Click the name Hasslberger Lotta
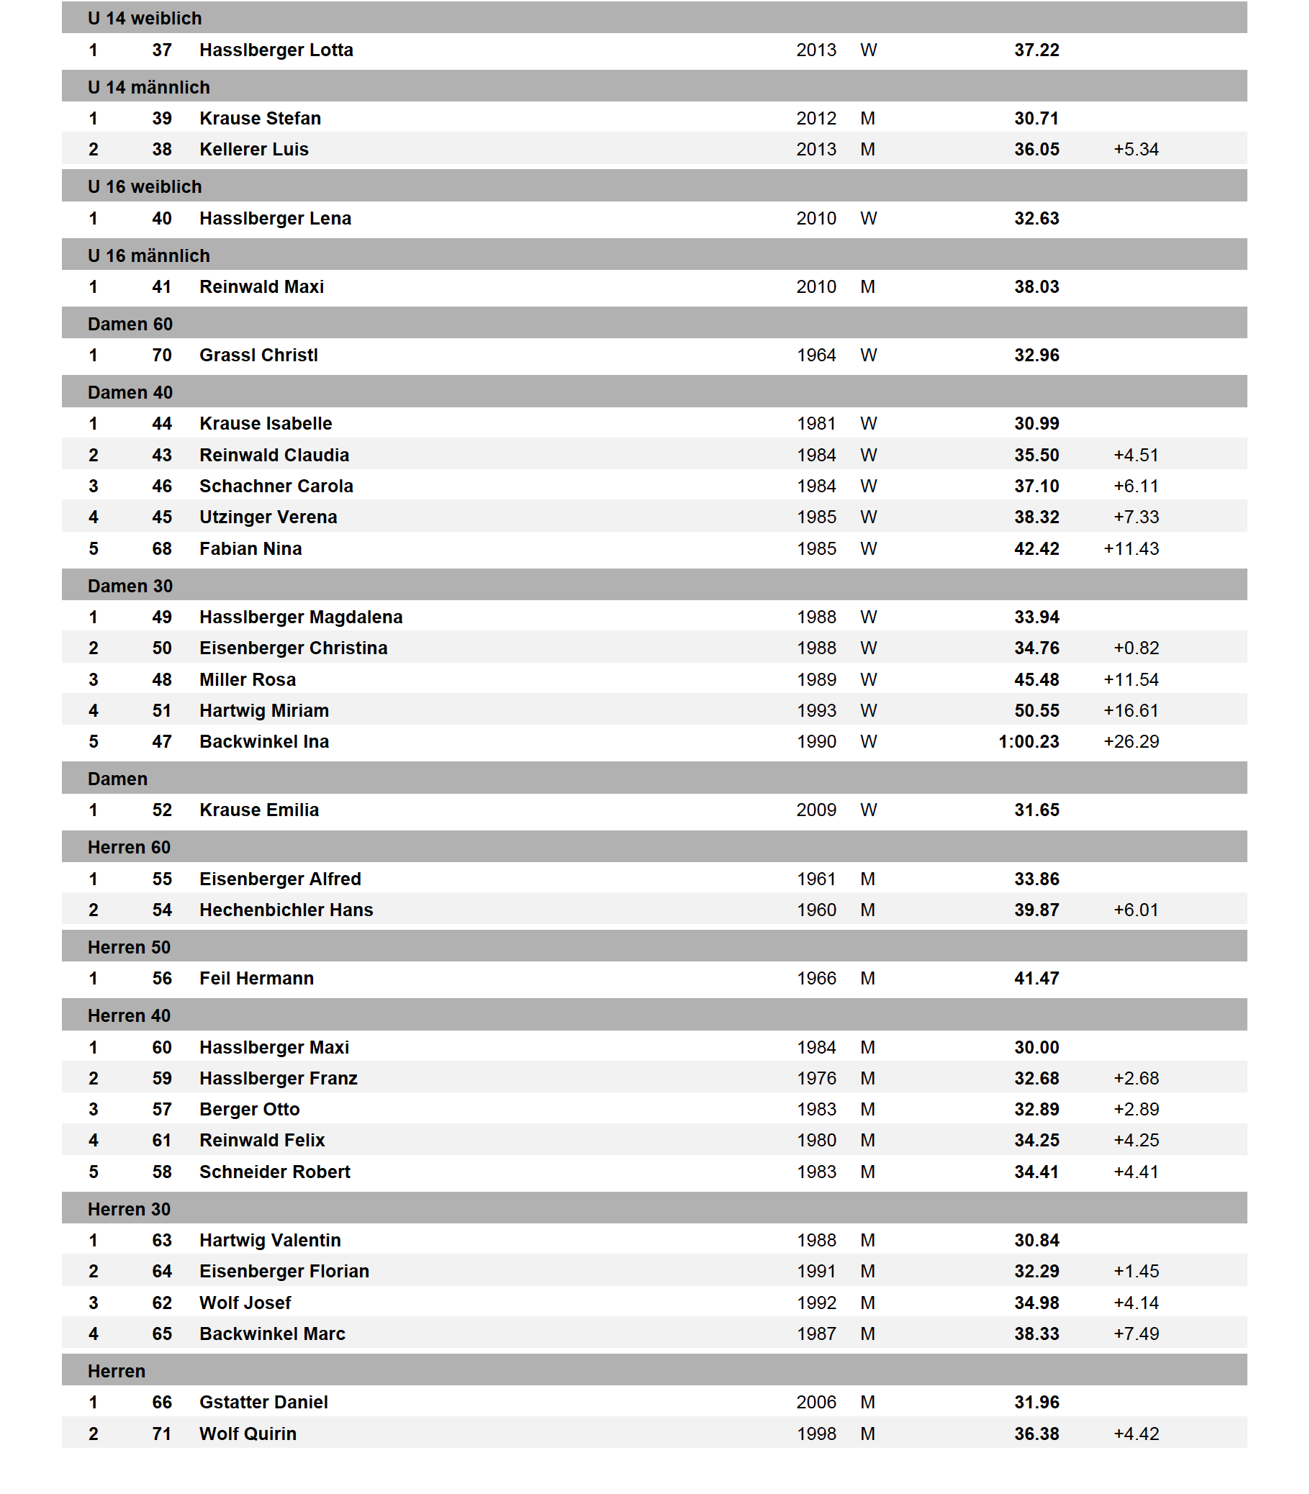coord(276,50)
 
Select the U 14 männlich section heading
coord(148,87)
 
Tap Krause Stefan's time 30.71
coord(1036,119)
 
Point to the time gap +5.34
coord(1135,149)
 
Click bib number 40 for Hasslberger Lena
coord(161,218)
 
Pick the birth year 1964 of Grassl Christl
coord(816,356)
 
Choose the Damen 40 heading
coord(130,392)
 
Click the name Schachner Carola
coord(276,486)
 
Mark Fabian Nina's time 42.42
coord(1036,548)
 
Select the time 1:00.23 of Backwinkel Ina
coord(1028,741)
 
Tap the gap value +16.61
coord(1130,710)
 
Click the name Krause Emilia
coord(259,810)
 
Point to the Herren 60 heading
coord(129,847)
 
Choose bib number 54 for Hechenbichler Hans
coord(161,910)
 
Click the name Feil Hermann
coord(256,978)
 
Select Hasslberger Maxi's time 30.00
coord(1036,1047)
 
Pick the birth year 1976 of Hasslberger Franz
coord(816,1078)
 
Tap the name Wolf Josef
coord(245,1303)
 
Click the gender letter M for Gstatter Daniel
coord(867,1402)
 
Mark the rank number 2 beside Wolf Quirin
coord(94,1434)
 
